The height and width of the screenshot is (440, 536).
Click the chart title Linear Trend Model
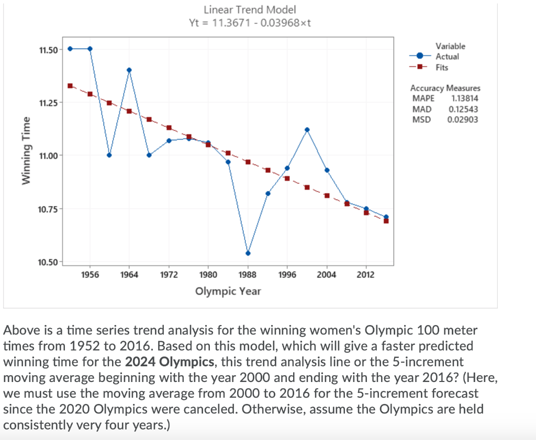pos(250,9)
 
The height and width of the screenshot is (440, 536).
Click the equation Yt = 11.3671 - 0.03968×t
pos(250,24)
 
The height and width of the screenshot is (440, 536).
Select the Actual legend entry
pos(447,56)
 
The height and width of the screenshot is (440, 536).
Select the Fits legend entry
pos(443,67)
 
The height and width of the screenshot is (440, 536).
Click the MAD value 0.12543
pos(463,109)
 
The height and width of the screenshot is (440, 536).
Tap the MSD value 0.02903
pos(463,119)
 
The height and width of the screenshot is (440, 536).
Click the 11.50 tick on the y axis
pos(48,49)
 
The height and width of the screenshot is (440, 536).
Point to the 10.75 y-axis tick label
pos(48,209)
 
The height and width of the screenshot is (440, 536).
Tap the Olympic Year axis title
pos(228,291)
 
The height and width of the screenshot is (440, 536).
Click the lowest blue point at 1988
pos(248,253)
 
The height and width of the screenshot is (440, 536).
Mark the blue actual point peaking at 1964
pos(129,70)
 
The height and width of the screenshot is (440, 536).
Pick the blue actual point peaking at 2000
pos(307,130)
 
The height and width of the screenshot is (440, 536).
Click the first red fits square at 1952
pos(70,86)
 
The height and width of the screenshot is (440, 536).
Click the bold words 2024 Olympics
pos(170,362)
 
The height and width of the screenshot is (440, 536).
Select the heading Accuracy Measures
pos(445,88)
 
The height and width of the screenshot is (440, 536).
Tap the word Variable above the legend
pos(450,47)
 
